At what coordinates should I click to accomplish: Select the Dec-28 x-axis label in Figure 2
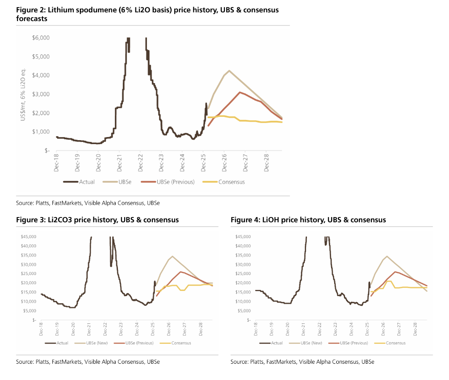point(267,162)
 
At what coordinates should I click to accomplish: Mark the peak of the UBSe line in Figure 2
point(229,70)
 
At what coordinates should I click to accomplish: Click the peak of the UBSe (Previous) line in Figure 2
point(239,92)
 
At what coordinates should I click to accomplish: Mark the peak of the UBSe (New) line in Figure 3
point(173,256)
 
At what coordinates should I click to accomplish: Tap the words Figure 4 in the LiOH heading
point(244,220)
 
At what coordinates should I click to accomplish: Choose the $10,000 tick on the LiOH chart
point(243,301)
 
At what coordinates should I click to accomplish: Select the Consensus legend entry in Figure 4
point(396,343)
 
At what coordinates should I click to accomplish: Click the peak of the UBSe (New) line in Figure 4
point(387,256)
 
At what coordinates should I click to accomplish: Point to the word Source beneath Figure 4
point(239,362)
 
